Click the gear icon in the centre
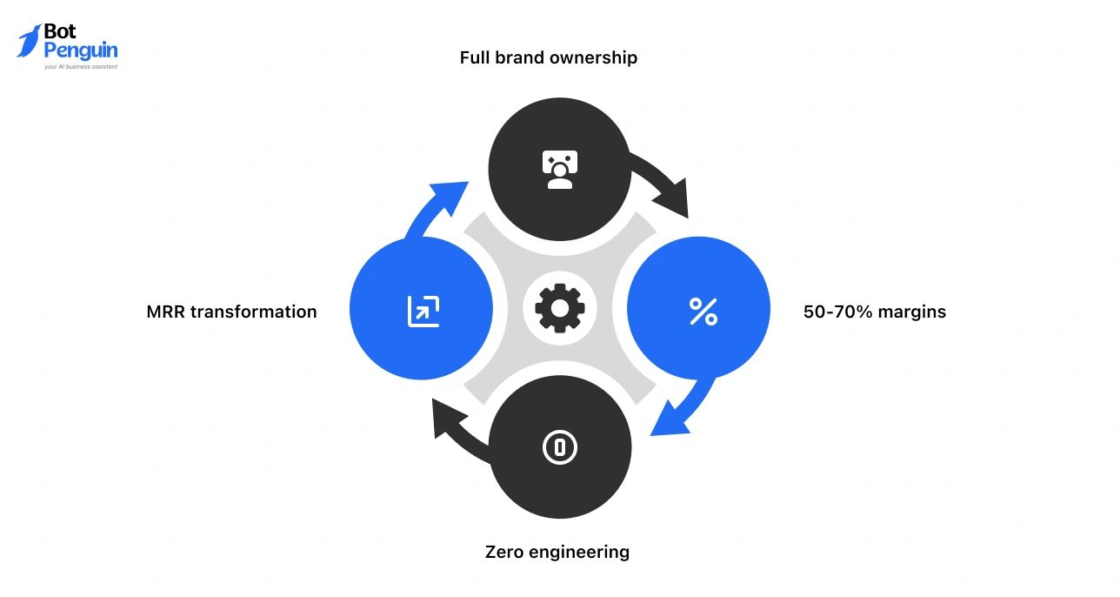tap(559, 308)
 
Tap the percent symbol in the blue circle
tap(703, 311)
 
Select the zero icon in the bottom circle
tap(560, 448)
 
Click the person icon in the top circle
tap(559, 170)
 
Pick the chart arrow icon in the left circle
tap(423, 311)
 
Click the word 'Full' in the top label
tap(475, 58)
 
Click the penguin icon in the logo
tap(29, 40)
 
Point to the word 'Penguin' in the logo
tap(80, 50)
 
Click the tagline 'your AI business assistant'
tap(80, 66)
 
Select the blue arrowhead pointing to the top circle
tap(452, 196)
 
